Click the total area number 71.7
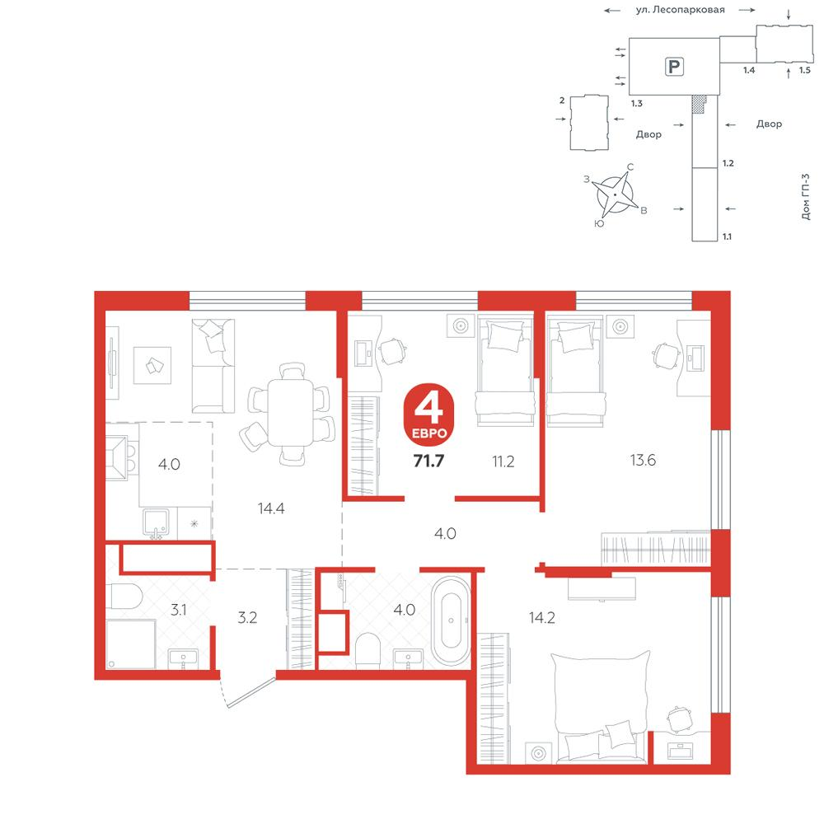pyautogui.click(x=428, y=461)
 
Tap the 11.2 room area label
pyautogui.click(x=503, y=461)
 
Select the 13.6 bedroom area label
pyautogui.click(x=643, y=460)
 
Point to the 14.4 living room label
pyautogui.click(x=271, y=508)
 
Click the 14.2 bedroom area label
pyautogui.click(x=542, y=617)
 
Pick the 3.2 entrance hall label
pyautogui.click(x=247, y=617)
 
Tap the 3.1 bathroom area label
pyautogui.click(x=179, y=610)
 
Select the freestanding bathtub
pyautogui.click(x=451, y=620)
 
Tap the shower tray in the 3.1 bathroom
pyautogui.click(x=131, y=644)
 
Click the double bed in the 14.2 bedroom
pyautogui.click(x=600, y=707)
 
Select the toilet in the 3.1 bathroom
pyautogui.click(x=124, y=596)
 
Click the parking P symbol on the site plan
pyautogui.click(x=674, y=67)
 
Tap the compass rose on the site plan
pyautogui.click(x=615, y=194)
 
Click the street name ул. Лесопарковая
pyautogui.click(x=680, y=9)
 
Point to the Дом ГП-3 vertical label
pyautogui.click(x=805, y=197)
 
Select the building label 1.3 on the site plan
pyautogui.click(x=637, y=104)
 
